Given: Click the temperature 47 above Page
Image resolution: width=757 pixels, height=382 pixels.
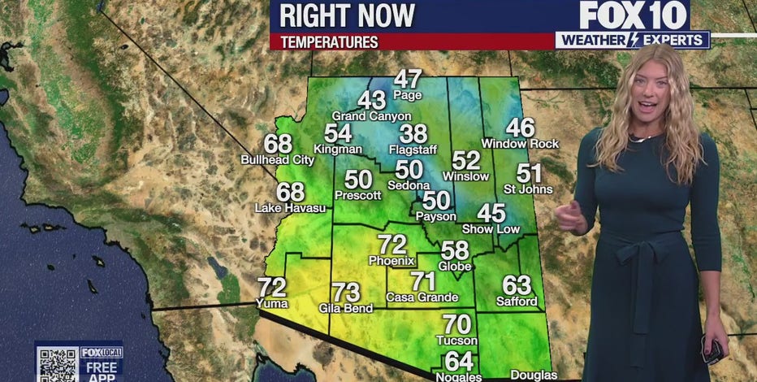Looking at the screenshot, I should coord(408,79).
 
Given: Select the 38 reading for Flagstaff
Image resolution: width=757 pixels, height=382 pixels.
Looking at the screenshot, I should coord(413,134).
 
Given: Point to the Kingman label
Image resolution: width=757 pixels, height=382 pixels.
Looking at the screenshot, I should coord(338,150).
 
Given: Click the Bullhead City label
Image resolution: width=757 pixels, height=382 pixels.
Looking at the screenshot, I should coord(277,160).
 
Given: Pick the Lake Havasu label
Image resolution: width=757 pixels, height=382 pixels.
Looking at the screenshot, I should coord(290,208).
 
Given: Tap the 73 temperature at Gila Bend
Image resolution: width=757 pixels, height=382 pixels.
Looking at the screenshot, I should coord(346,292).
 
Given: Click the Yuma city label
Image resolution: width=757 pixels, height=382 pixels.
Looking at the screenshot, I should coord(272,302).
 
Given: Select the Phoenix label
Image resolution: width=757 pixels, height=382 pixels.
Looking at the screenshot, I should coord(391,261).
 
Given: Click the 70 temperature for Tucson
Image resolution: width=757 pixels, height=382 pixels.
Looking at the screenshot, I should coord(456,324).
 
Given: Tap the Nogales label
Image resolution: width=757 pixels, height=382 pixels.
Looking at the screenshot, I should coord(459,376).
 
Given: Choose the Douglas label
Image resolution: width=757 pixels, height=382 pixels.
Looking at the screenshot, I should coord(534,375).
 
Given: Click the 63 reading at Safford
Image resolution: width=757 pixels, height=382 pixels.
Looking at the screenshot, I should coord(517,285).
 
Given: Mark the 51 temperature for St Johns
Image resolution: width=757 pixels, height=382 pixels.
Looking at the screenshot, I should coord(529,173).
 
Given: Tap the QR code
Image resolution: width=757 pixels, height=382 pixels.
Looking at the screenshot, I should coord(56,364).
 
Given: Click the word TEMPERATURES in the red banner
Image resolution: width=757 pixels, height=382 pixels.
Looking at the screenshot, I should coord(330,41).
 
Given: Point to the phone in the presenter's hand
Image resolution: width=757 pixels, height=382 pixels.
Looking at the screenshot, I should coord(713,351).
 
